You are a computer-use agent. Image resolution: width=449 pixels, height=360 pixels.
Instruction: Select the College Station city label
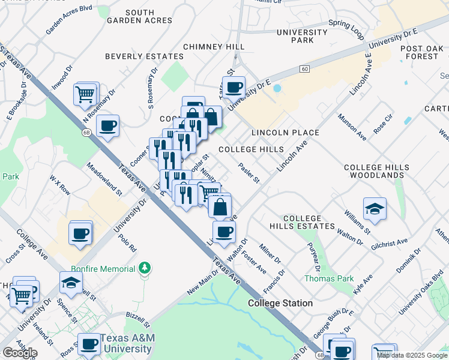click(280, 303)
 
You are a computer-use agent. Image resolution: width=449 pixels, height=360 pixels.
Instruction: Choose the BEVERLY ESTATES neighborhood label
click(144, 56)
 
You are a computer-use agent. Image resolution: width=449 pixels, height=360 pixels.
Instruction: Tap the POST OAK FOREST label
click(420, 52)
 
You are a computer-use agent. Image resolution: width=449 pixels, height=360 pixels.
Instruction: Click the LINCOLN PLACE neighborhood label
click(285, 132)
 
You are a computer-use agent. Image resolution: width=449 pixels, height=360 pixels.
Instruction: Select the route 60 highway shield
click(305, 69)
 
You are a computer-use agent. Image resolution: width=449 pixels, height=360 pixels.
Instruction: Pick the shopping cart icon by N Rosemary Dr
click(85, 94)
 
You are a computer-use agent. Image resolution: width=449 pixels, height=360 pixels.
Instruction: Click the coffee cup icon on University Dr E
click(234, 87)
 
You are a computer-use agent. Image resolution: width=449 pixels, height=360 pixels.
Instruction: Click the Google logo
click(19, 353)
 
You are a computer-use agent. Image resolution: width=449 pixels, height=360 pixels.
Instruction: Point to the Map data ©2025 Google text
click(412, 355)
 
